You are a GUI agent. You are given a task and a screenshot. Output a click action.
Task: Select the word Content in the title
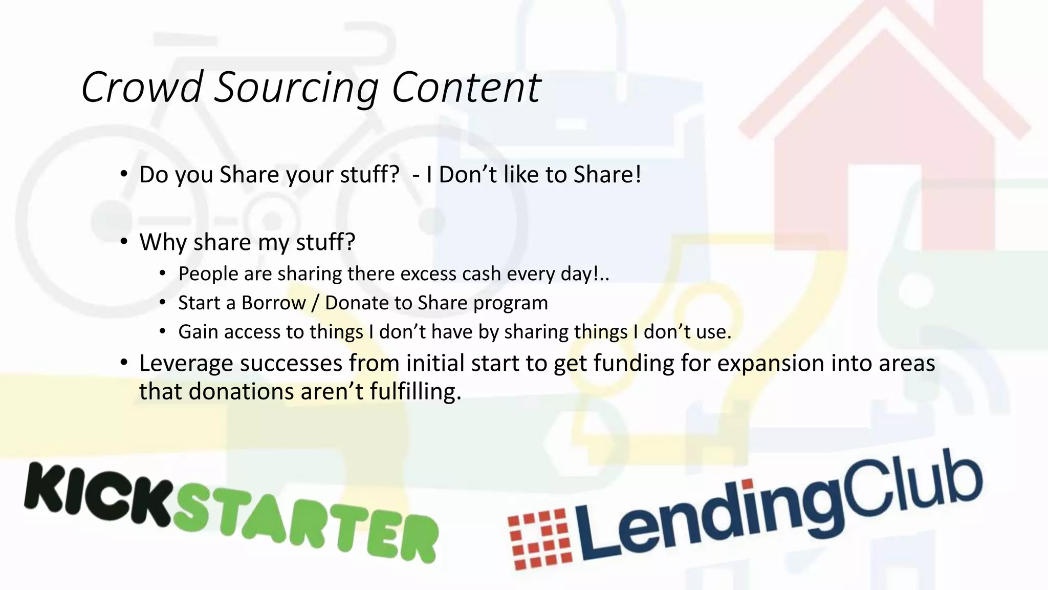tap(466, 88)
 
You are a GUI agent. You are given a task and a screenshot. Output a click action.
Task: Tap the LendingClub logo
tap(745, 512)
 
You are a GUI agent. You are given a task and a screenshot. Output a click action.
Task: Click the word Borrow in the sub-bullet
tap(274, 303)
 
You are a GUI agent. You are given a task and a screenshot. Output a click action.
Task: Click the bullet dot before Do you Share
tap(124, 175)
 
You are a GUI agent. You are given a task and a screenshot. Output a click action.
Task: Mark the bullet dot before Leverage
tap(124, 363)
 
